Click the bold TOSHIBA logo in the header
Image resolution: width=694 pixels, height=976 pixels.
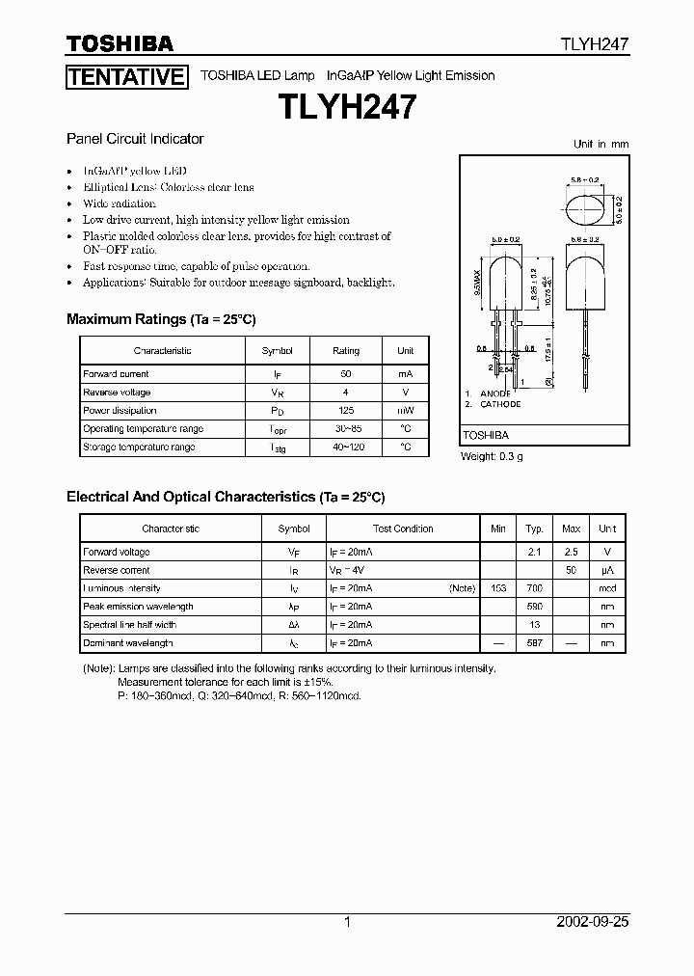pyautogui.click(x=120, y=43)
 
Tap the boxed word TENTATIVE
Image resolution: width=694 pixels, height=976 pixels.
pyautogui.click(x=125, y=77)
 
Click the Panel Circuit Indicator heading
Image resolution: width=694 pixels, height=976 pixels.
pyautogui.click(x=135, y=139)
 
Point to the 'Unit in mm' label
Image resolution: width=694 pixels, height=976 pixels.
pyautogui.click(x=601, y=144)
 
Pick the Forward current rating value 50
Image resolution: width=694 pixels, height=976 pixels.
pyautogui.click(x=345, y=374)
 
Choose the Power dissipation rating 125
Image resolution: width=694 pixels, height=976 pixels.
pyautogui.click(x=345, y=411)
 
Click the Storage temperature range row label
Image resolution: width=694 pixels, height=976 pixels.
pyautogui.click(x=139, y=447)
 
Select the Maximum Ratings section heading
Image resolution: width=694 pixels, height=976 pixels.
pyautogui.click(x=161, y=319)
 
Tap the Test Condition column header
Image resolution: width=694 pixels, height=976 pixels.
pyautogui.click(x=403, y=529)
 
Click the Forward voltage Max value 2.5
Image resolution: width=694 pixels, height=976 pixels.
pyautogui.click(x=571, y=553)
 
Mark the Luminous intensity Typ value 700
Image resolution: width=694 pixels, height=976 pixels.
pyautogui.click(x=534, y=588)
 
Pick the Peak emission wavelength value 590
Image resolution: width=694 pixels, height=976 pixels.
pyautogui.click(x=534, y=607)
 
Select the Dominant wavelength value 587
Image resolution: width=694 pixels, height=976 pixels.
pyautogui.click(x=534, y=643)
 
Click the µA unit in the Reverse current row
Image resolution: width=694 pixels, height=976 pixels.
pyautogui.click(x=607, y=571)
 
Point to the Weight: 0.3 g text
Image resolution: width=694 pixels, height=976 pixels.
pyautogui.click(x=492, y=456)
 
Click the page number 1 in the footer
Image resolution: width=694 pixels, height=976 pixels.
pyautogui.click(x=347, y=922)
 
